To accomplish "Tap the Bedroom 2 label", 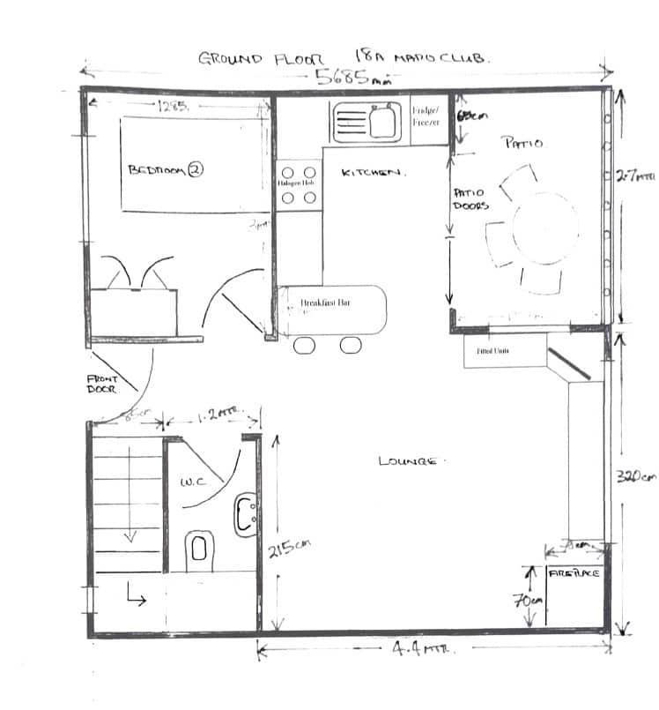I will (x=166, y=170).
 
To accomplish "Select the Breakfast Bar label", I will (x=326, y=303).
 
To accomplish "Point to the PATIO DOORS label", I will (x=470, y=199).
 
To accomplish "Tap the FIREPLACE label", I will (x=574, y=573).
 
